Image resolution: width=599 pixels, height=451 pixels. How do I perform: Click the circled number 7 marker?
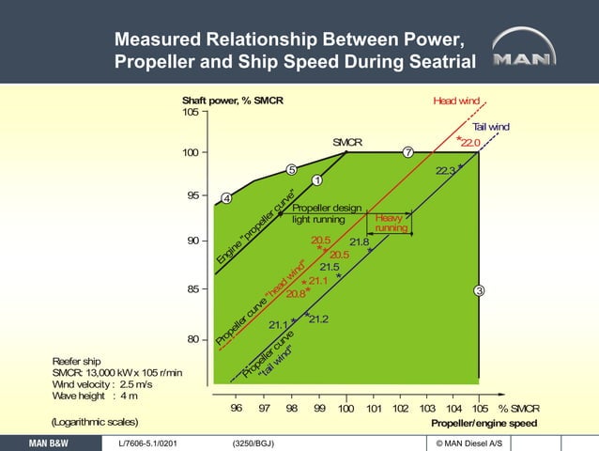coord(408,152)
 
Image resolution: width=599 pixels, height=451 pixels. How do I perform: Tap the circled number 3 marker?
coord(479,290)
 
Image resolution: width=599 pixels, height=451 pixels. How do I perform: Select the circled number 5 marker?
coord(292,170)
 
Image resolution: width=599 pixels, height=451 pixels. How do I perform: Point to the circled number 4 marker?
coord(226,198)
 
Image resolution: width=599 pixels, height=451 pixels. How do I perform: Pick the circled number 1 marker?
coord(317,180)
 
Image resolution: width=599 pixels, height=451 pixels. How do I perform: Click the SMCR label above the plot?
coord(347,142)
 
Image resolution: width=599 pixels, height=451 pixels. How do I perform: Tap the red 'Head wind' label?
coord(458,101)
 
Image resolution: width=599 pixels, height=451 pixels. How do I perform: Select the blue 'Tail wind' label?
coord(490,127)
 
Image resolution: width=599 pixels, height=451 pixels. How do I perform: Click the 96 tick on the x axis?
coord(237,408)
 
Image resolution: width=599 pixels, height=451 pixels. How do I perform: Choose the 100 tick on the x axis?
coord(346,408)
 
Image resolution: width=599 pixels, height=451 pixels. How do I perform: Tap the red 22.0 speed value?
coord(470,142)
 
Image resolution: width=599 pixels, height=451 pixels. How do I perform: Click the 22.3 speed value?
coord(446,171)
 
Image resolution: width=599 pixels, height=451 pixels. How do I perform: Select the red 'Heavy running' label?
coord(391,223)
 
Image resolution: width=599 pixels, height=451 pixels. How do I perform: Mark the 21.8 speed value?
coord(359,243)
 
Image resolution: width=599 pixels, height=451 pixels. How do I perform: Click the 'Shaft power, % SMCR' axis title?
coord(232,101)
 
